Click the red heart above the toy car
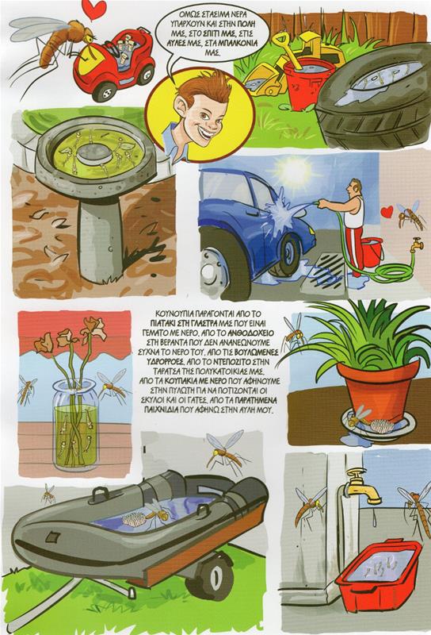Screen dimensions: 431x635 93,9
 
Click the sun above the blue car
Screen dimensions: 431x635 295,171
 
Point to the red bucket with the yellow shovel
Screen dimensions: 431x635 307,83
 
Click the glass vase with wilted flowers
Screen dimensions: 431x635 76,425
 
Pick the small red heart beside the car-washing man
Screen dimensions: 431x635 387,211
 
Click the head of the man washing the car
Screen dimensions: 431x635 357,187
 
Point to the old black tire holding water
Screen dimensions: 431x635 374,96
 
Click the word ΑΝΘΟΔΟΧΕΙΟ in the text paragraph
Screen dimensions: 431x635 251,333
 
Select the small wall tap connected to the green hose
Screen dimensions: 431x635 417,244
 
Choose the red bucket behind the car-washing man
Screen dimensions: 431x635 372,252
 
